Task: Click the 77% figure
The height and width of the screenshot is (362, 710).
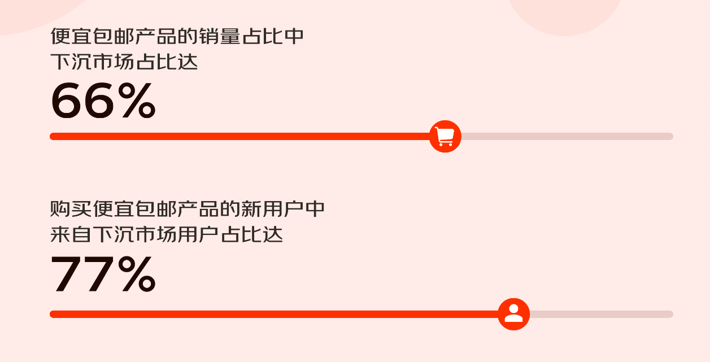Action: click(x=103, y=275)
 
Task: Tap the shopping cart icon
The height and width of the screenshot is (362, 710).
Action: click(x=445, y=136)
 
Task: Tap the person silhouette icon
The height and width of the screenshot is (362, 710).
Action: click(x=513, y=314)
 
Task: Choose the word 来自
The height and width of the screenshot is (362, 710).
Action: click(x=71, y=234)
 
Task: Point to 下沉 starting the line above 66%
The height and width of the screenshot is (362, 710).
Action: click(x=71, y=62)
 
